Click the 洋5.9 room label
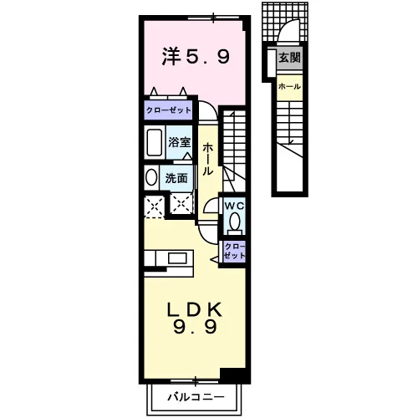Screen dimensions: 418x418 pyautogui.click(x=196, y=57)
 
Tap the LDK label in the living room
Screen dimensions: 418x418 pyautogui.click(x=194, y=309)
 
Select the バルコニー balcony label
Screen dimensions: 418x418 pyautogui.click(x=196, y=397)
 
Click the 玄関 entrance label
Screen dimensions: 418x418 pyautogui.click(x=289, y=58)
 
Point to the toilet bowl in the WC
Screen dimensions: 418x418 pyautogui.click(x=235, y=221)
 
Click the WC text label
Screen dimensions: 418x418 pyautogui.click(x=235, y=206)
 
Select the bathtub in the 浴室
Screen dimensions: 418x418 pyautogui.click(x=154, y=142)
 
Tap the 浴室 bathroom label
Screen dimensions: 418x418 pyautogui.click(x=180, y=142)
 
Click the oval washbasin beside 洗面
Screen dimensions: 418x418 pyautogui.click(x=151, y=177)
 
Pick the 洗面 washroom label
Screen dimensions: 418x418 pyautogui.click(x=176, y=178)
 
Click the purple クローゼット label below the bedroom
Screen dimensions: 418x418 pyautogui.click(x=169, y=110)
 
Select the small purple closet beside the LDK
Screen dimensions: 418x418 pyautogui.click(x=234, y=252)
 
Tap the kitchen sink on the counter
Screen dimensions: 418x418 pyautogui.click(x=177, y=258)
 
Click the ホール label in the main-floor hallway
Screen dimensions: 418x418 pyautogui.click(x=207, y=159)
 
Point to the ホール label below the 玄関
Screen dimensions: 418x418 pyautogui.click(x=289, y=87)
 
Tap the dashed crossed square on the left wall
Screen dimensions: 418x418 pyautogui.click(x=154, y=206)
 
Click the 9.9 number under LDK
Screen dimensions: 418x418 pyautogui.click(x=195, y=327)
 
